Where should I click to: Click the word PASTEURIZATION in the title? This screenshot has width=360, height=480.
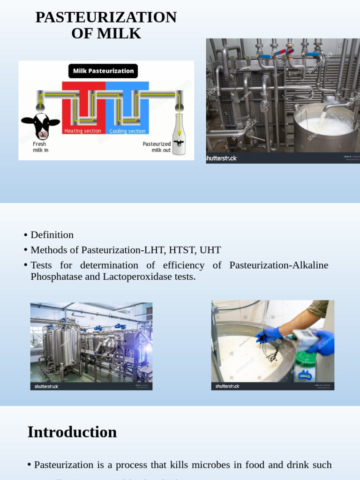(x=106, y=17)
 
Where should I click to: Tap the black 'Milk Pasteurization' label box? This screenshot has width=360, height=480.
(x=103, y=71)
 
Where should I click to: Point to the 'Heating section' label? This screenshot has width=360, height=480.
(x=83, y=131)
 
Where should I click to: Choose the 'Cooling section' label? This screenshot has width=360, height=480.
(x=127, y=131)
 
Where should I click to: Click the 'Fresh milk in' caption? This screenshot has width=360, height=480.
(x=40, y=147)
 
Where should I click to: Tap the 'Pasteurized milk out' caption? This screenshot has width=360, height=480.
(x=157, y=147)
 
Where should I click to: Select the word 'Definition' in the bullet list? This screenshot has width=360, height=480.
(x=52, y=235)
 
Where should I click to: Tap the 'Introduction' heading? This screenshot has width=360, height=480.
(x=72, y=432)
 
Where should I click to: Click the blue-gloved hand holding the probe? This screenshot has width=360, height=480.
(x=269, y=335)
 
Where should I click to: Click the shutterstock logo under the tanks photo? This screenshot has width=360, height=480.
(x=47, y=386)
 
